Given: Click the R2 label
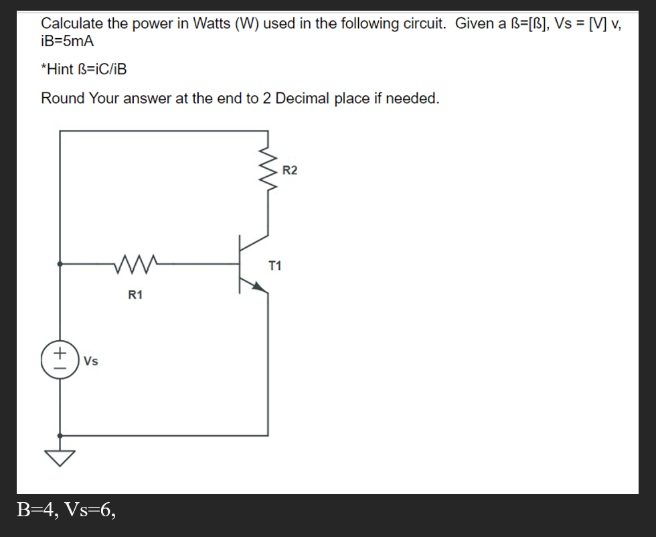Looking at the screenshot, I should [x=290, y=170].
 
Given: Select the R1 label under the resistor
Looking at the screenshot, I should [x=135, y=295].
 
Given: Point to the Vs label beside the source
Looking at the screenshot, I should [x=91, y=362].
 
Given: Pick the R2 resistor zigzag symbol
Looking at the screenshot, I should [x=268, y=170].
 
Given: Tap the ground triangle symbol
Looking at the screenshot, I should [x=60, y=457].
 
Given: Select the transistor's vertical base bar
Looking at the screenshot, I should [x=240, y=264].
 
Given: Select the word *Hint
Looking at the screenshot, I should [x=58, y=69].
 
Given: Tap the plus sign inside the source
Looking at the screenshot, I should [x=60, y=352].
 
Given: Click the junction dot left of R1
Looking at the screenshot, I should [x=60, y=264].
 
